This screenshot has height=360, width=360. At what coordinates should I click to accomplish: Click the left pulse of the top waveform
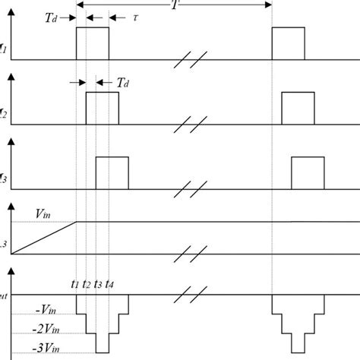coord(93,43)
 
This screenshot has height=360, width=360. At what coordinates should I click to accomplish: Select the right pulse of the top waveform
coord(288,43)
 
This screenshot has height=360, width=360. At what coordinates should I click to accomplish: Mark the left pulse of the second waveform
coord(103,107)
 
